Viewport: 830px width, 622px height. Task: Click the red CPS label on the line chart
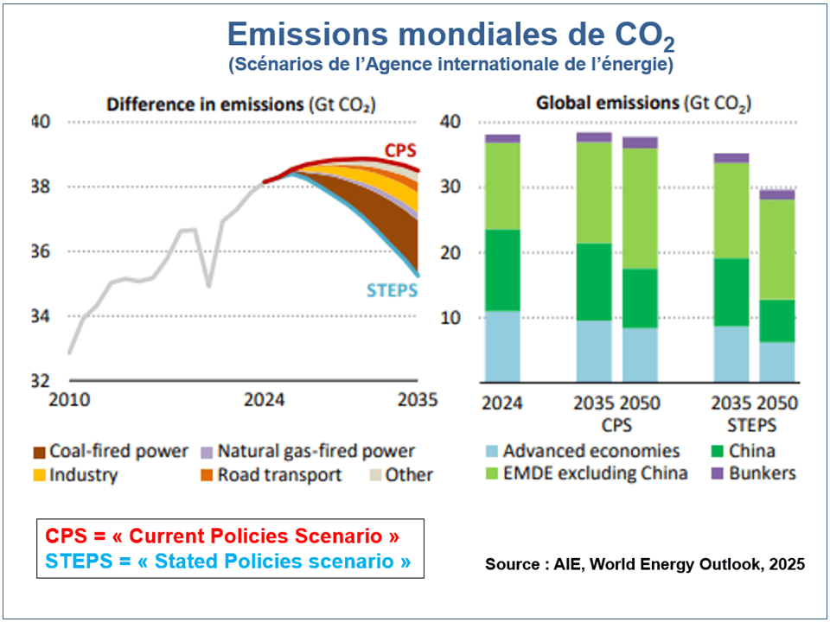tap(400, 150)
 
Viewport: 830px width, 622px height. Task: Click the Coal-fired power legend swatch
tap(38, 452)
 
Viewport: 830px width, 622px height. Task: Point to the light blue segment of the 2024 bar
tap(502, 346)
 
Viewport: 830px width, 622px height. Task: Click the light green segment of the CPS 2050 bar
tap(640, 208)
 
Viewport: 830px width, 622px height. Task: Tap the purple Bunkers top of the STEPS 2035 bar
tap(731, 158)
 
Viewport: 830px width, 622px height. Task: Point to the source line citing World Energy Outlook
tap(645, 564)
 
